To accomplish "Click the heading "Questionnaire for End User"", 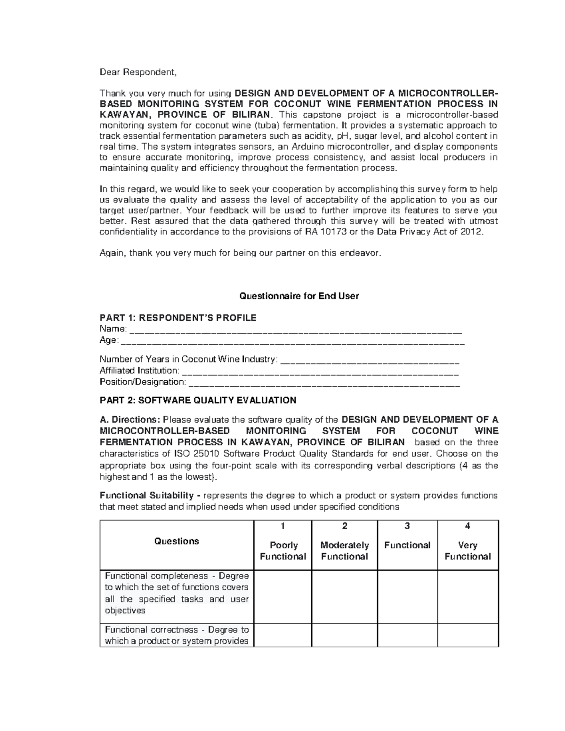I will coord(299,296).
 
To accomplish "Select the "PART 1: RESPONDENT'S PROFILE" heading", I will coord(178,318).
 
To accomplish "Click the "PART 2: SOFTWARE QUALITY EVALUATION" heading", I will coord(198,401).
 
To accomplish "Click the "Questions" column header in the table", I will coord(177,541).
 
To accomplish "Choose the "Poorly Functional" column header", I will coord(283,551).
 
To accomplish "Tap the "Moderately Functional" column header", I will coord(344,551).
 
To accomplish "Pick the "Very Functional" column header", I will coord(468,551).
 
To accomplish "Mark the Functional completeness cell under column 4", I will coord(468,597).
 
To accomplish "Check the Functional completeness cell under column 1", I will coord(283,597).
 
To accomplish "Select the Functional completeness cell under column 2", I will coord(344,597).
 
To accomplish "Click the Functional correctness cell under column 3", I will coord(407,635).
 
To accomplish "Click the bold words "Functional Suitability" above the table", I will coord(146,496).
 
